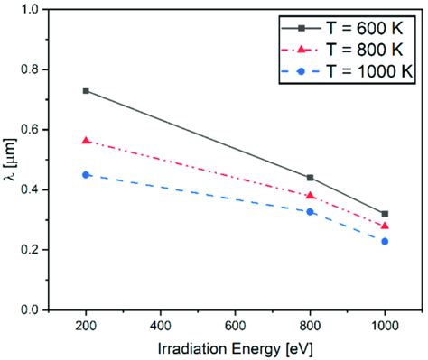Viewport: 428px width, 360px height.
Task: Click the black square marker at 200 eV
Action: pos(86,90)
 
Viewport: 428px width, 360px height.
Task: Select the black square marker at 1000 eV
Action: pos(386,214)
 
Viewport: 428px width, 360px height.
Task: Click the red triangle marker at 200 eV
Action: pos(86,141)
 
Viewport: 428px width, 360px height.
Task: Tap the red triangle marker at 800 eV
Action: pos(311,195)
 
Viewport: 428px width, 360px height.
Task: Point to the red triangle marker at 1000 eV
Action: pos(386,226)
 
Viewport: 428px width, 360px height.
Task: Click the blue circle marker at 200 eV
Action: pos(86,174)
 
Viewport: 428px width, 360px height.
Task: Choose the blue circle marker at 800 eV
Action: pos(311,211)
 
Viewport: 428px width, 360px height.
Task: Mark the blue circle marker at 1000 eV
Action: pos(386,241)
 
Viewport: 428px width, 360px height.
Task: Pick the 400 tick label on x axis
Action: pos(161,324)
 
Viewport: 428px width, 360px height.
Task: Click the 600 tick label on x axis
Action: pos(236,324)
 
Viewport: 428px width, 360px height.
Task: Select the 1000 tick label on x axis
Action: pos(386,324)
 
